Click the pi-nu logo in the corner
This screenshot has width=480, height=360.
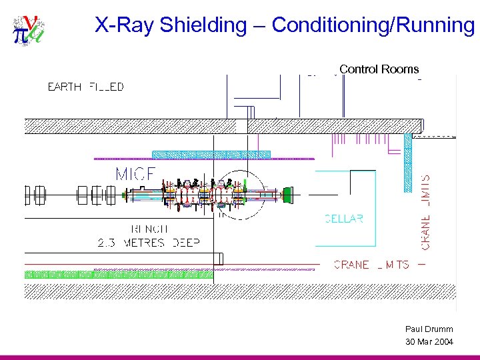click(29, 30)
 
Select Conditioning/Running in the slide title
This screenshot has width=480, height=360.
click(373, 25)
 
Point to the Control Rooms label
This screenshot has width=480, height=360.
click(379, 69)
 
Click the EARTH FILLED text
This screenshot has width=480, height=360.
click(85, 87)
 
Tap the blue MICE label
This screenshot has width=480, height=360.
click(135, 175)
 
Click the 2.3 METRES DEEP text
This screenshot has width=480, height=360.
click(148, 243)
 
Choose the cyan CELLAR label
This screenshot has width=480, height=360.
click(343, 219)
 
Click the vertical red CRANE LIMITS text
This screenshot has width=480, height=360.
click(426, 212)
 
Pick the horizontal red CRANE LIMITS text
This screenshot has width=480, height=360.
click(371, 265)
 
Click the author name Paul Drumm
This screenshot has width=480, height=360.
click(429, 329)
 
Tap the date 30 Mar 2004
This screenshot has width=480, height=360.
click(429, 342)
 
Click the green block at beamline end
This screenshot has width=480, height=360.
click(287, 195)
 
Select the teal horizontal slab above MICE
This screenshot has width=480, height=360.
click(211, 155)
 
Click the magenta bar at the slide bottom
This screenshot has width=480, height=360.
click(240, 357)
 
